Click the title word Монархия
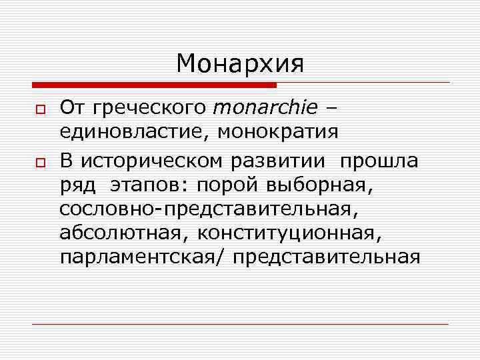click(240, 64)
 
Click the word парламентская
click(143, 257)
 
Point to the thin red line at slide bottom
click(240, 324)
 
